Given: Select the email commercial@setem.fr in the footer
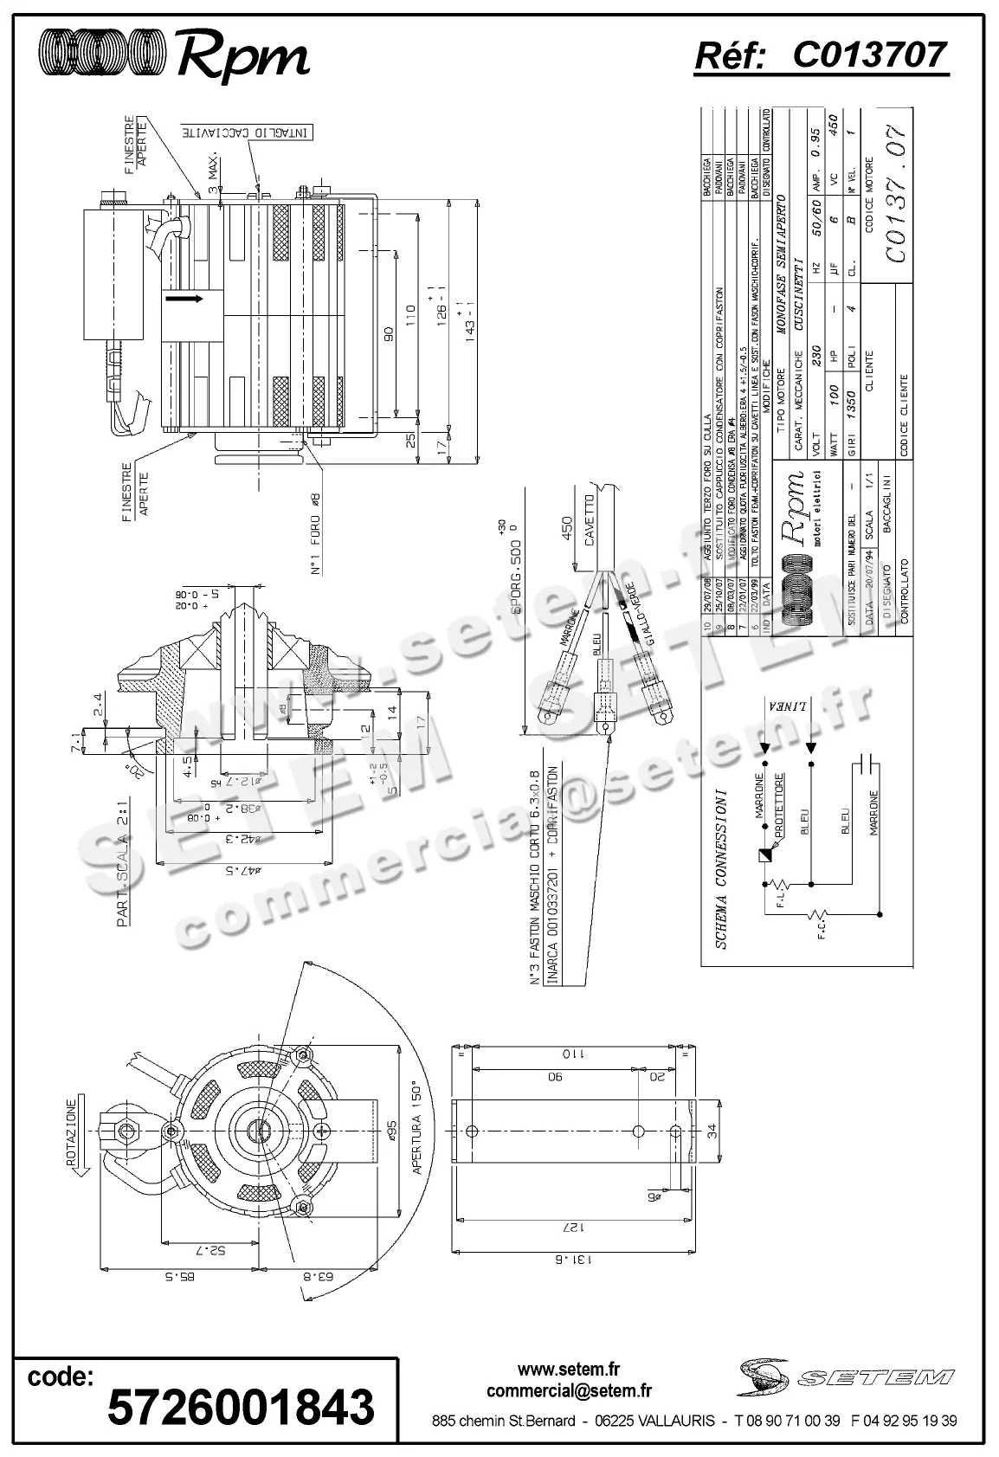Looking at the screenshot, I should pos(569,1391).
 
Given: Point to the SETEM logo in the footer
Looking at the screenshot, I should pos(847,1377).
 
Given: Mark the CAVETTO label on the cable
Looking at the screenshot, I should pos(590,519).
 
